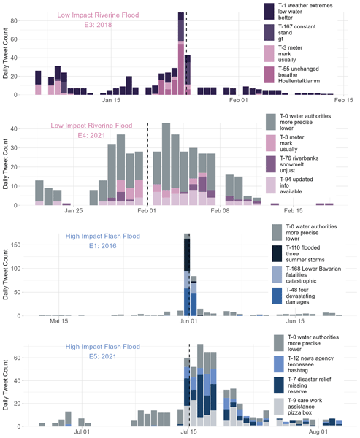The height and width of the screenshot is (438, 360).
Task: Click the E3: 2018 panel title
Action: click(98, 25)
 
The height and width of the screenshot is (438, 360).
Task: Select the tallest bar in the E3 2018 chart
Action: click(181, 53)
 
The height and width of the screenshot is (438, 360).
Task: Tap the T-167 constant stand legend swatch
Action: click(269, 32)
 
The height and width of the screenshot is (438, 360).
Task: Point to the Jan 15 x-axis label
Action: click(111, 100)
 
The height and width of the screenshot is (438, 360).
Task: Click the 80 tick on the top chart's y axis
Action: click(14, 20)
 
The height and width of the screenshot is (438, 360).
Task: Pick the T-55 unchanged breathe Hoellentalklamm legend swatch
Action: click(269, 75)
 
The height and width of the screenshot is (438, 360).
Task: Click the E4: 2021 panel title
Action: click(91, 136)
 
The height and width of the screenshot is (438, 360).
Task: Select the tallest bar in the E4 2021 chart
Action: click(166, 164)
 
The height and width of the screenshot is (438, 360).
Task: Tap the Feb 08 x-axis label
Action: click(220, 211)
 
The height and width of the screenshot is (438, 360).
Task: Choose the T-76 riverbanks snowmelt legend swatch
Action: click(271, 164)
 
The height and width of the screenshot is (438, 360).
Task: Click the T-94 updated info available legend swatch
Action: click(271, 185)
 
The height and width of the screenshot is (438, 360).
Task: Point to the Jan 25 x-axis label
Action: click(74, 211)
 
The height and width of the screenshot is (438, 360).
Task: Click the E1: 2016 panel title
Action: click(102, 246)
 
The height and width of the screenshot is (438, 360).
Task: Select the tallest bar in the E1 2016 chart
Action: click(187, 275)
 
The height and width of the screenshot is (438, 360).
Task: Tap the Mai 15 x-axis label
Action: click(58, 321)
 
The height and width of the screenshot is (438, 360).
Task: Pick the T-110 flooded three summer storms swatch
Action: click(277, 253)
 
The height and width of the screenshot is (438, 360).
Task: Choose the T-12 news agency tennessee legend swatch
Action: click(279, 364)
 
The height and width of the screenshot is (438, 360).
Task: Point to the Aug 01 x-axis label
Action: click(318, 432)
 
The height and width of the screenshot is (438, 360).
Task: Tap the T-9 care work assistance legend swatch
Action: click(279, 407)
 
